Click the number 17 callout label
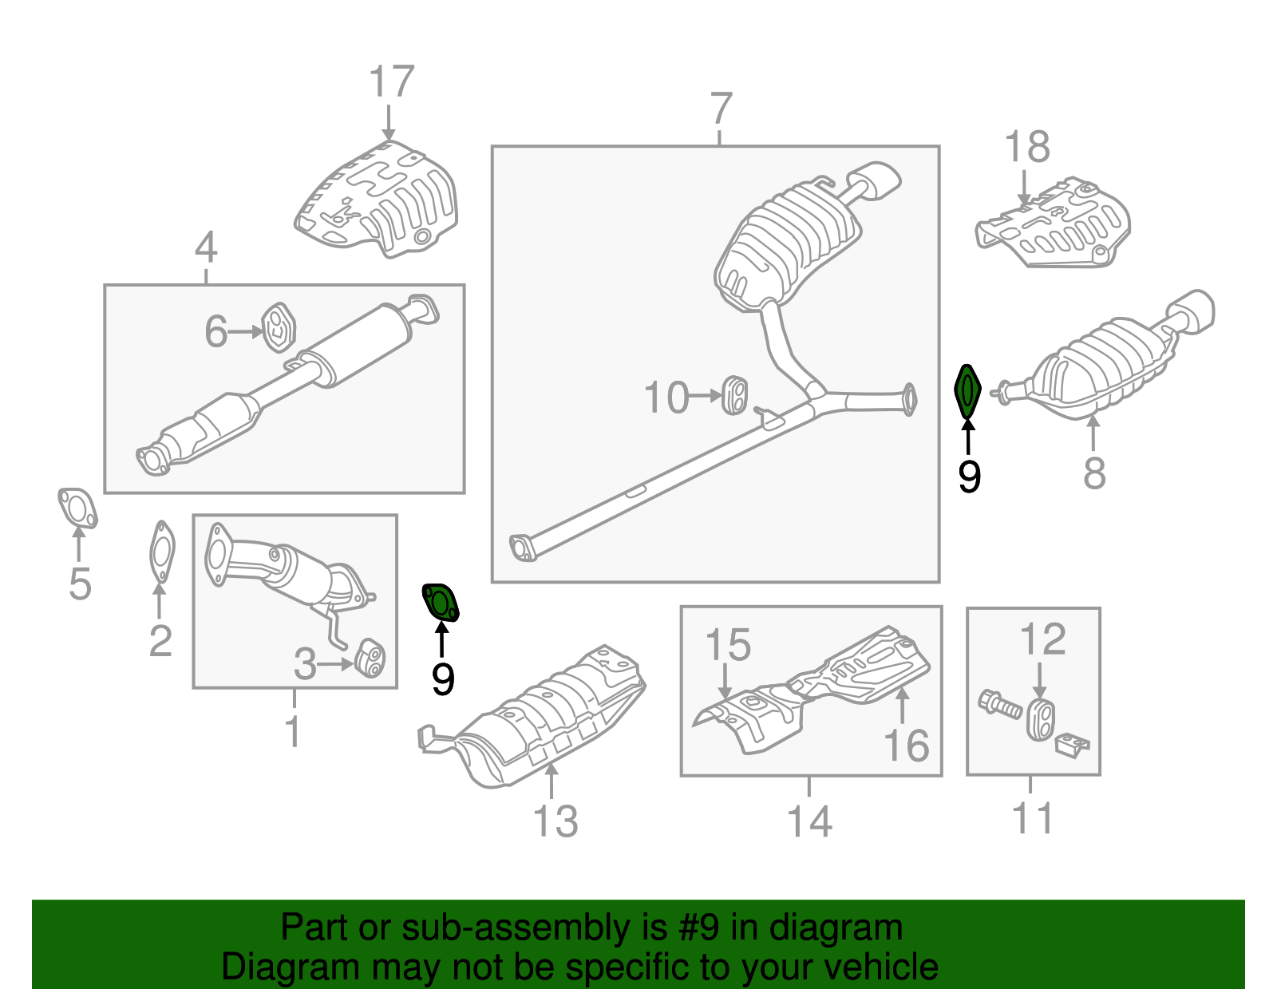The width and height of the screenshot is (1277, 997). pyautogui.click(x=391, y=82)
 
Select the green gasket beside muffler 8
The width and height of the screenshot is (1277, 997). pyautogui.click(x=967, y=391)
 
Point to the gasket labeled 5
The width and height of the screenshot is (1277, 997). pyautogui.click(x=77, y=508)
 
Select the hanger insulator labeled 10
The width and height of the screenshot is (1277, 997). pyautogui.click(x=735, y=395)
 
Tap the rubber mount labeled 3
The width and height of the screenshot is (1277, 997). pyautogui.click(x=369, y=656)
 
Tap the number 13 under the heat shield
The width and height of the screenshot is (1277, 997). pyautogui.click(x=555, y=821)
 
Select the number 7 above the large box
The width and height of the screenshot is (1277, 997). pyautogui.click(x=720, y=109)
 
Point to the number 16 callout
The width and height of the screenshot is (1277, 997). pyautogui.click(x=906, y=746)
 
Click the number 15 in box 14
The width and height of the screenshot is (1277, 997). pyautogui.click(x=728, y=645)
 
